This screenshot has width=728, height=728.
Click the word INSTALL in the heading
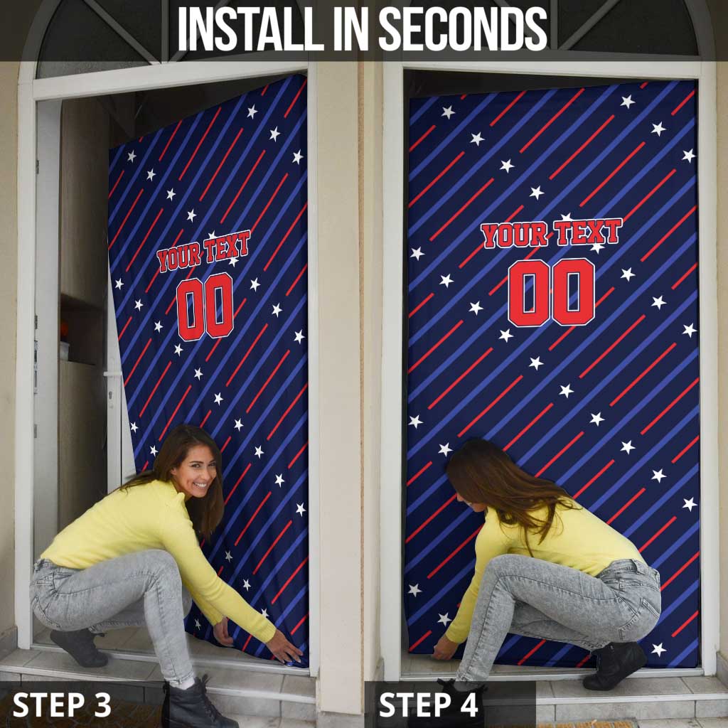coord(250,28)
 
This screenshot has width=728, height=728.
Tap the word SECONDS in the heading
coord(463,28)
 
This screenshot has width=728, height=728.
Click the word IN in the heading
coord(351,28)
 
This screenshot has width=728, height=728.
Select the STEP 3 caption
coord(62,705)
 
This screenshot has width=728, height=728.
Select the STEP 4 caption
coord(428,705)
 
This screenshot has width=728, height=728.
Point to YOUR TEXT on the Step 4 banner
coord(551,233)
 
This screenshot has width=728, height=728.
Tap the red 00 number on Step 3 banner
coord(205,306)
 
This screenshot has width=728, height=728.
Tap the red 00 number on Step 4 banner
coord(551,292)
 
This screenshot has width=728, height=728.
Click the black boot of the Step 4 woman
coord(614,665)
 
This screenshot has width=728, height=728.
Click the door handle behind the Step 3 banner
coord(113,374)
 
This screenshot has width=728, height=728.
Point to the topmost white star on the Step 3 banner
coord(252,112)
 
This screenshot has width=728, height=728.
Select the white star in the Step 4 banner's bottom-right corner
coord(658,650)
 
